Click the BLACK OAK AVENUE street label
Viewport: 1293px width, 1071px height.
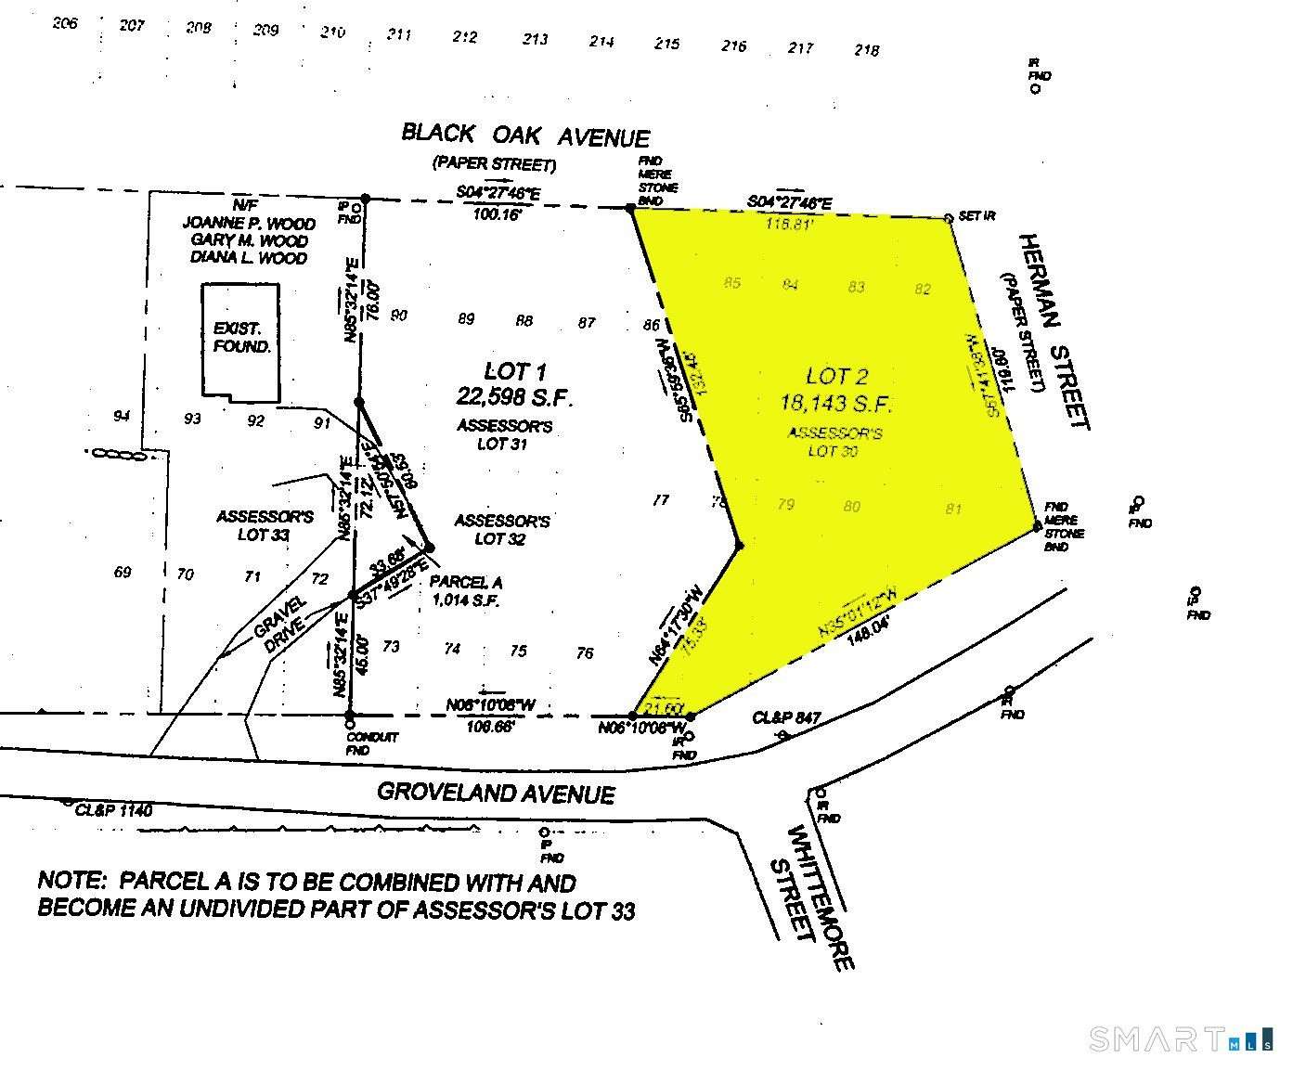525,135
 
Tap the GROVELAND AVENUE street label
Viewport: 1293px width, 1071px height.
496,794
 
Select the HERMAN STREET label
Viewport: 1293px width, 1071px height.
1053,330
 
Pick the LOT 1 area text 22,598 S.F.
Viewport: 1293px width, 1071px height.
514,397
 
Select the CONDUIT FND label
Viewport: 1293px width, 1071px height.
371,743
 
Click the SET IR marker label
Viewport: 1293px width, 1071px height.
977,216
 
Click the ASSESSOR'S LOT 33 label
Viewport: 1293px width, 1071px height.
265,525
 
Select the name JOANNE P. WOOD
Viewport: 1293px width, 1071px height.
248,224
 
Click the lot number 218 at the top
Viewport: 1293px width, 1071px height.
866,50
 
